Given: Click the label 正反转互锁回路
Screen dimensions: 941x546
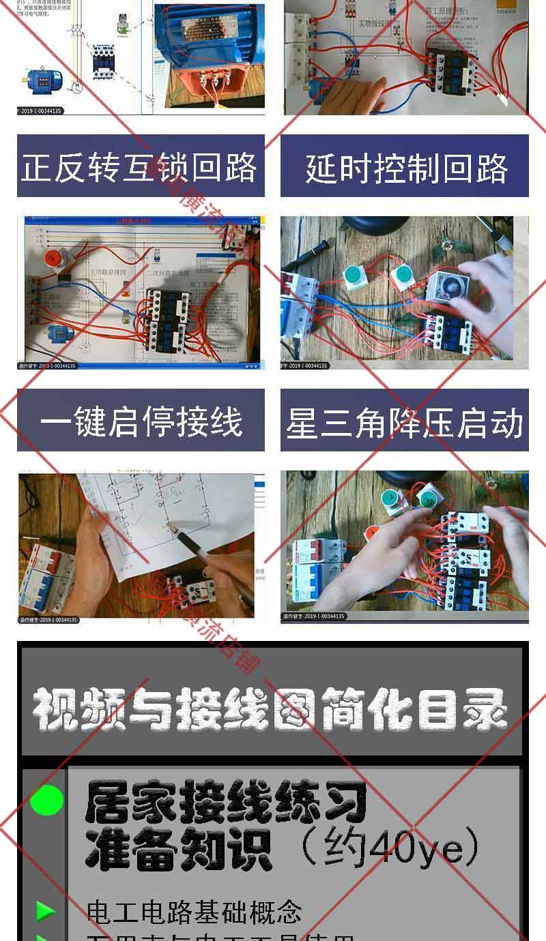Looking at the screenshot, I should (x=140, y=167).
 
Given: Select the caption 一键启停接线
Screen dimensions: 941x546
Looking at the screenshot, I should (x=141, y=421).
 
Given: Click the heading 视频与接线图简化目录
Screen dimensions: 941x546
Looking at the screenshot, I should (x=271, y=709).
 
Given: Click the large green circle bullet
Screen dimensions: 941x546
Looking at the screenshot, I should (x=46, y=801).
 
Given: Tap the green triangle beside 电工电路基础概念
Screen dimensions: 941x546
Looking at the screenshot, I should (x=46, y=910).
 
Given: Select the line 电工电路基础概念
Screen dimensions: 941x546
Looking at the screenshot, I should (x=195, y=911).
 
